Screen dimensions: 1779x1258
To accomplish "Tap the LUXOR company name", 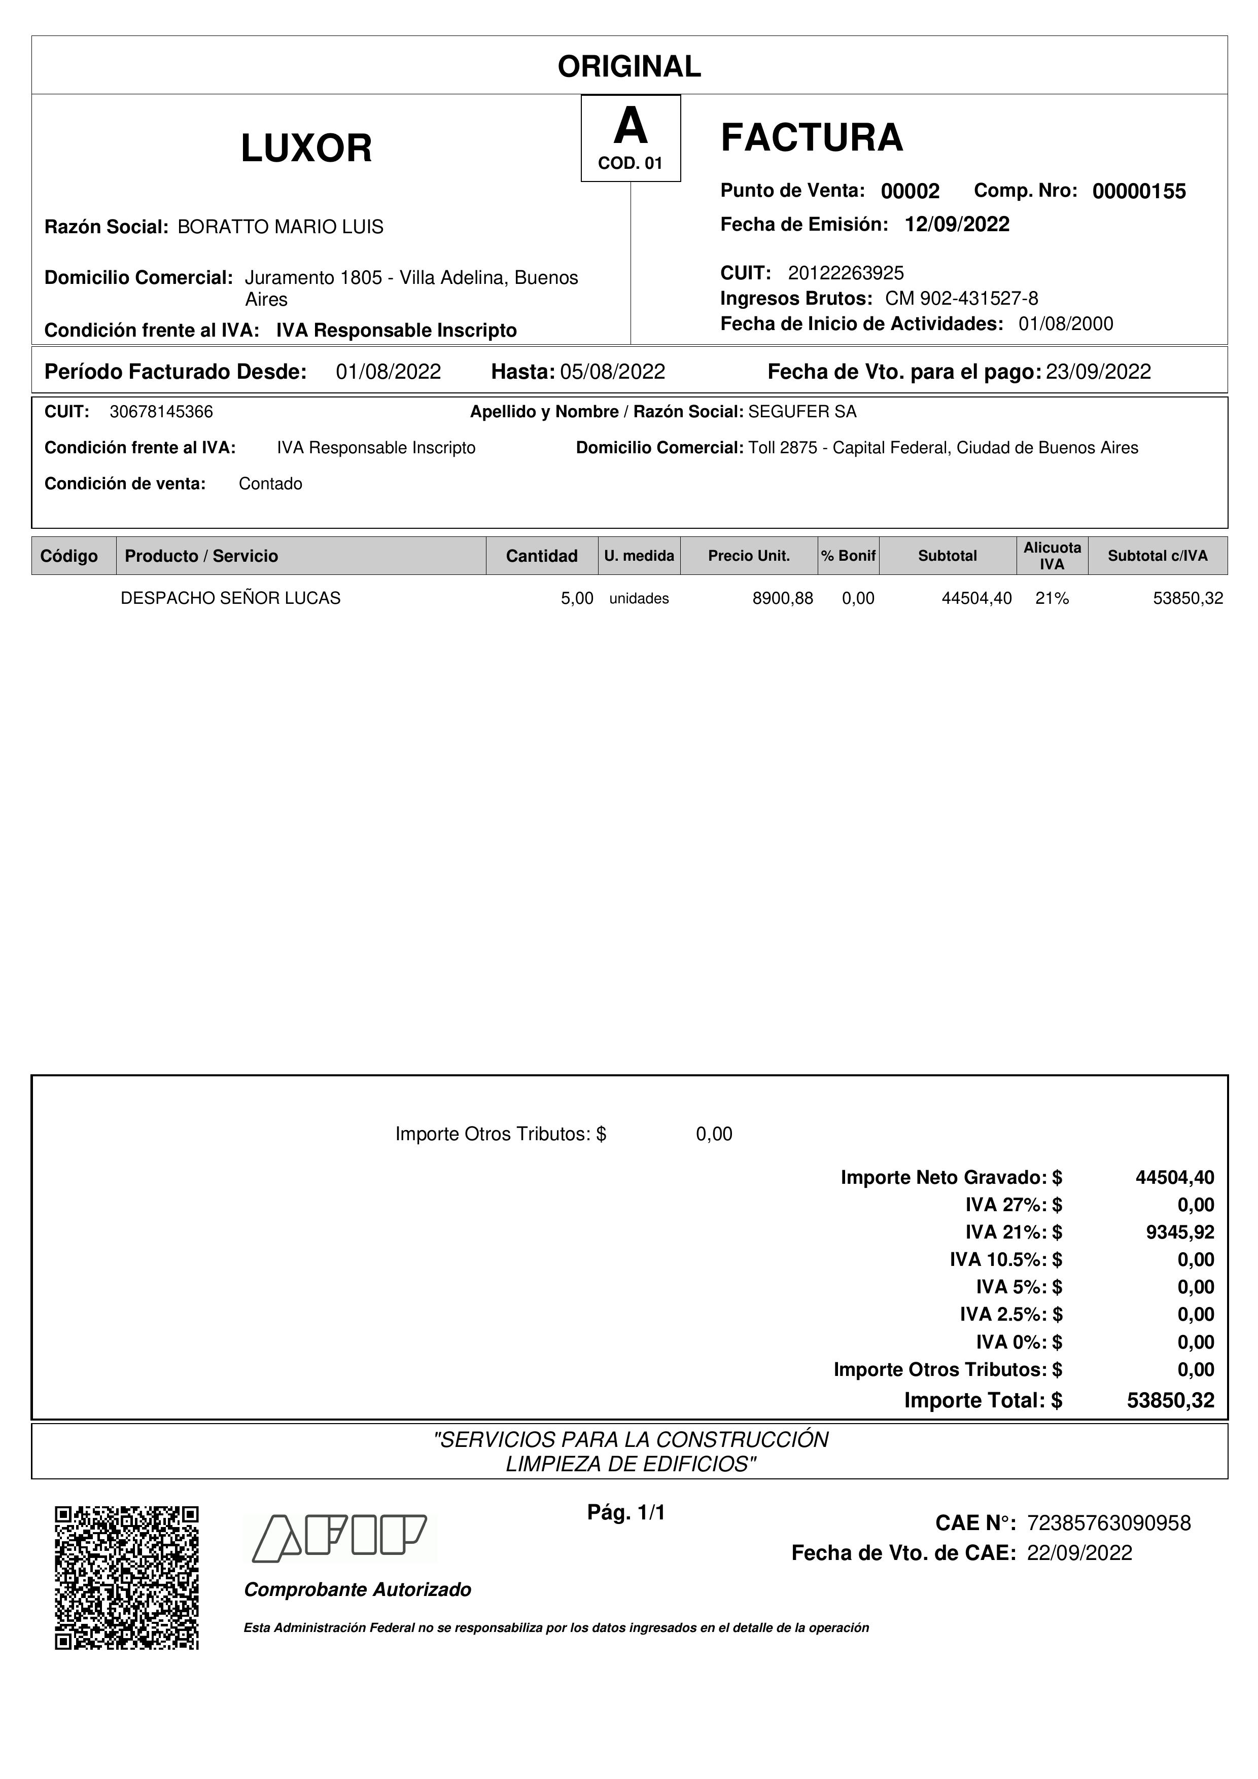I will pos(306,148).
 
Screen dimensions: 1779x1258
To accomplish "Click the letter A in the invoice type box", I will pos(630,127).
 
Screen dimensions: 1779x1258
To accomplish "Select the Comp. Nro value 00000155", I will pos(1139,191).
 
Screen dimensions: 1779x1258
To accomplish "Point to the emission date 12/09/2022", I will pos(957,225).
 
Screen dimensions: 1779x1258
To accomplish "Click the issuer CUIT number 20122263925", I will pos(846,273).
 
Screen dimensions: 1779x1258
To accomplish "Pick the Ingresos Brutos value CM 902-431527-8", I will pos(961,298).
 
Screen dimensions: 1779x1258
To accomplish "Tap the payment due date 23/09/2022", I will pos(1098,372).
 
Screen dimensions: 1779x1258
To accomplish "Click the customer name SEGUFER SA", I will pos(802,412).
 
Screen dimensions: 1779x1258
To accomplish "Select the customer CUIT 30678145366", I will pos(161,412).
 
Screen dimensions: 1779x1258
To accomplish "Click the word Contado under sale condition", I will pos(270,484).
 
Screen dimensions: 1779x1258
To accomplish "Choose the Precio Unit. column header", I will pos(748,556).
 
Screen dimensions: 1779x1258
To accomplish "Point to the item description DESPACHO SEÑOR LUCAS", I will pos(230,598).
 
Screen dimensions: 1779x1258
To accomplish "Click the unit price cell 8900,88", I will pos(782,598).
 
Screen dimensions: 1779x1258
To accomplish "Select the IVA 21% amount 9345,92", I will pos(1180,1232).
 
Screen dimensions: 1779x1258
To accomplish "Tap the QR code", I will pos(127,1578).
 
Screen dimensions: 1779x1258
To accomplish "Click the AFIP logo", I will pos(339,1537).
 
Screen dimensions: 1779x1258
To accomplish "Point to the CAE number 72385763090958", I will pos(1108,1523).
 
